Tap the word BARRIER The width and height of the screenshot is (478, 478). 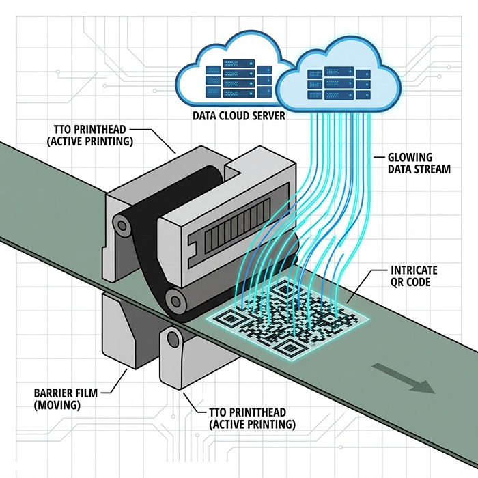pyautogui.click(x=55, y=393)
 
